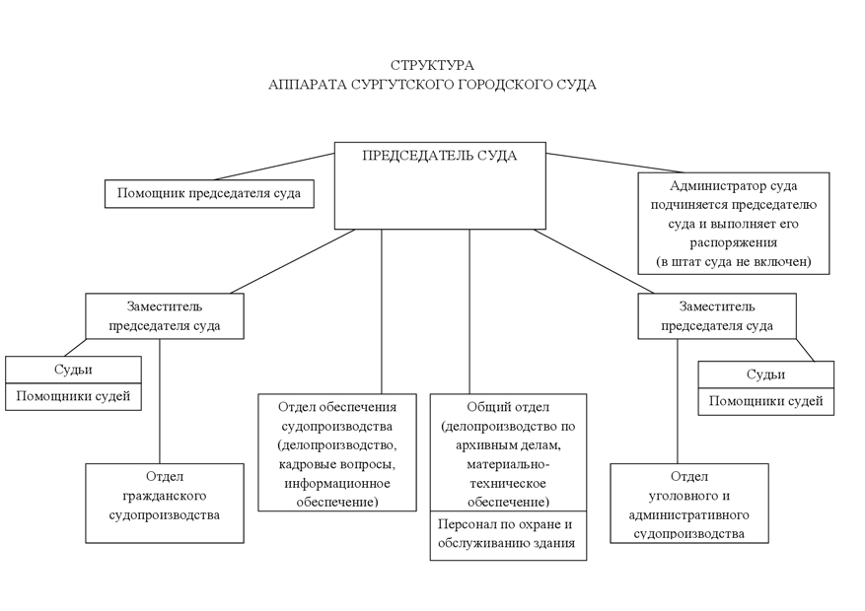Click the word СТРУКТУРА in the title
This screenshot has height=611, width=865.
click(432, 65)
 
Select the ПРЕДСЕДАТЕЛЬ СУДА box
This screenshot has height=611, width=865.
click(439, 185)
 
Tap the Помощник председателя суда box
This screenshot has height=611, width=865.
click(209, 193)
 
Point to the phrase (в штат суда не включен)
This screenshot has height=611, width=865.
click(733, 261)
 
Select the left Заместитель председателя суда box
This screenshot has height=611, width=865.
click(164, 315)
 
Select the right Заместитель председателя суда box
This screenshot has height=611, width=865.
click(716, 315)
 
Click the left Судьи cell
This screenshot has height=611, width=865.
click(73, 371)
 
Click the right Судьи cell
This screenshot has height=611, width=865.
click(765, 374)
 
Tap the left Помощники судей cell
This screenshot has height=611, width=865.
click(73, 397)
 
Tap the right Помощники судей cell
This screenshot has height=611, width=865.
click(765, 402)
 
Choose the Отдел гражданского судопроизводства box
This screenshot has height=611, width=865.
click(164, 503)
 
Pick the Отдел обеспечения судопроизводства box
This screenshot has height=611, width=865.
click(337, 452)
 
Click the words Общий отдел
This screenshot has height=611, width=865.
click(508, 407)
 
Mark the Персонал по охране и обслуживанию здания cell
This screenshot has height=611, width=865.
click(508, 535)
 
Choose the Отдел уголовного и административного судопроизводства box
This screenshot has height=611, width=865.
click(688, 503)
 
